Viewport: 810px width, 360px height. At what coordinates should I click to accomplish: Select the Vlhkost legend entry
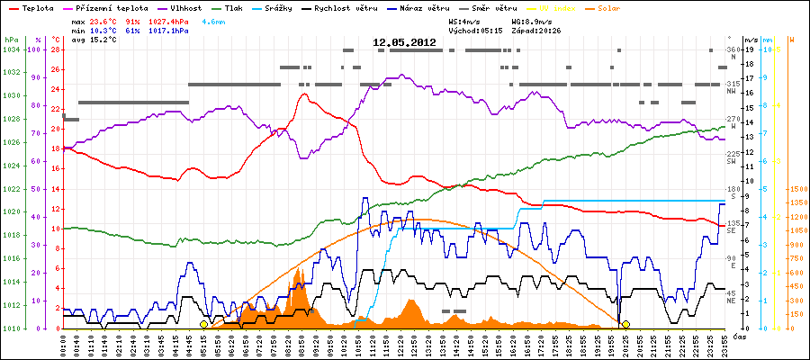(x=184, y=7)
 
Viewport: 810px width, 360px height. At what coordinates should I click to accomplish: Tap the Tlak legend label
(x=236, y=7)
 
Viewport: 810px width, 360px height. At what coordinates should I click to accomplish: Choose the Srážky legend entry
(x=286, y=7)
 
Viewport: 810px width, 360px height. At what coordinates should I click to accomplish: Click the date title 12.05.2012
(x=404, y=41)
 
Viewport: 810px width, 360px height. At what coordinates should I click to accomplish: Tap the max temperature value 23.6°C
(x=104, y=20)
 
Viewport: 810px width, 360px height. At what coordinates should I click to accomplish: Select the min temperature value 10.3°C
(x=104, y=30)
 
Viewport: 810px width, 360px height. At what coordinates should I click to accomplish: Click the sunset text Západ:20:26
(x=535, y=30)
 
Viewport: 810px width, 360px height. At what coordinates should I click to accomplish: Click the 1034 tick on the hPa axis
(x=10, y=49)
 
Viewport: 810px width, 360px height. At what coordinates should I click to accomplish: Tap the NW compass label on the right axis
(x=732, y=91)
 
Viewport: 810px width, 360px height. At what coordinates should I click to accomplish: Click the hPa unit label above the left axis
(x=10, y=40)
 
